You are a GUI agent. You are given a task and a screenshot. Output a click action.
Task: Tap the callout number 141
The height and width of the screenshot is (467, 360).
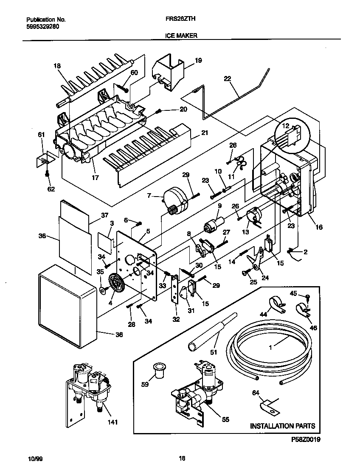point(112,422)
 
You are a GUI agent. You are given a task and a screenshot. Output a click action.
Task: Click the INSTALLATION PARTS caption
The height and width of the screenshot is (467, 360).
point(283,426)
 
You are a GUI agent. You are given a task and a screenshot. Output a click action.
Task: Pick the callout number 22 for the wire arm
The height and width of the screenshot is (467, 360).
point(228,79)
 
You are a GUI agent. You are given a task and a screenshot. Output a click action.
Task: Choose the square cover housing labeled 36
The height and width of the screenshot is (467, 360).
point(68,306)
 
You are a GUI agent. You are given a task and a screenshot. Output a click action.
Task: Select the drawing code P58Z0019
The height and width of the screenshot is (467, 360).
point(306,439)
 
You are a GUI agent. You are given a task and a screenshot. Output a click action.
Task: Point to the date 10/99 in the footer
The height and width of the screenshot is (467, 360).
point(35,459)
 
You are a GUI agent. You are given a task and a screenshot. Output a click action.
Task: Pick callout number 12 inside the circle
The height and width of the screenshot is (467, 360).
point(285,126)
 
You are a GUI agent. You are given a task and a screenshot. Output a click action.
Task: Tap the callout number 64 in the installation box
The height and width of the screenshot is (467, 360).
point(256,393)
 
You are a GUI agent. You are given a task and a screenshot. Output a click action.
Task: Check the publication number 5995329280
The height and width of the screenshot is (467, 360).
point(42,26)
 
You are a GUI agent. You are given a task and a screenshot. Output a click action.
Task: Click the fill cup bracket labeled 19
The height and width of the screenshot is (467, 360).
point(169,70)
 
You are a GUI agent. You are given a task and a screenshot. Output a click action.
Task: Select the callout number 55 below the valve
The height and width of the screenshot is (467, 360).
point(225,419)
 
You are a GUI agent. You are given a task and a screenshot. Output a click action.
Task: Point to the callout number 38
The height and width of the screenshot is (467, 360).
point(42,236)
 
